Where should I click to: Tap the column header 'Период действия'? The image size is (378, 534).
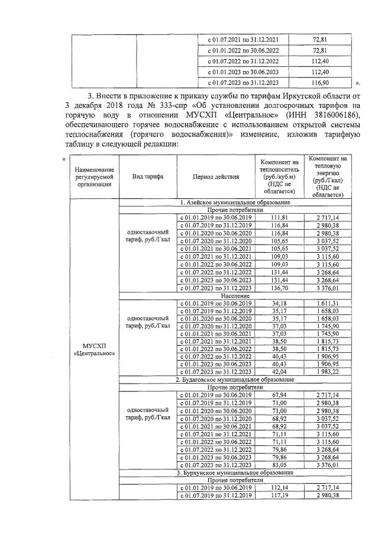(x=216, y=176)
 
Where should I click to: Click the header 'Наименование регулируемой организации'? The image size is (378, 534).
(x=94, y=176)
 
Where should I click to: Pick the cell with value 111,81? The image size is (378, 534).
(x=279, y=218)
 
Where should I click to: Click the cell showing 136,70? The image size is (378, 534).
(x=279, y=288)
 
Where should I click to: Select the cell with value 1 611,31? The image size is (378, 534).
(x=327, y=303)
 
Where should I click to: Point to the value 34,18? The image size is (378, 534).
(x=279, y=303)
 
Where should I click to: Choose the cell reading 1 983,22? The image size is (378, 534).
(x=327, y=371)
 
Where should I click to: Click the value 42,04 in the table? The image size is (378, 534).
(x=279, y=371)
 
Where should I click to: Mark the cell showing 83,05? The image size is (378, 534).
(x=279, y=465)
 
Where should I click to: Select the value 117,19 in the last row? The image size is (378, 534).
(x=279, y=496)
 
